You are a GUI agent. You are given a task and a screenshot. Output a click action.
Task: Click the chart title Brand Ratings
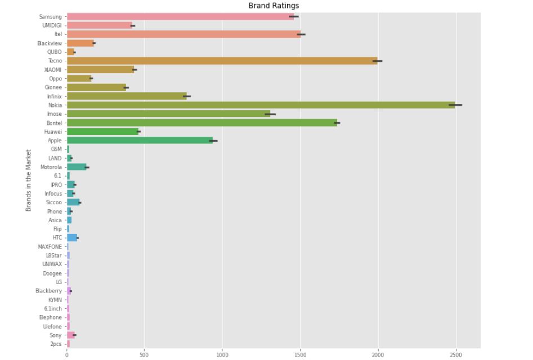click(x=274, y=6)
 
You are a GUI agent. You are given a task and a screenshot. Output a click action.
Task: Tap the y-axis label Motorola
click(x=51, y=167)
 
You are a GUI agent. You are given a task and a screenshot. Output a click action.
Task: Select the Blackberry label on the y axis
click(x=48, y=291)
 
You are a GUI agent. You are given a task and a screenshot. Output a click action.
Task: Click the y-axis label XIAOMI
click(x=53, y=70)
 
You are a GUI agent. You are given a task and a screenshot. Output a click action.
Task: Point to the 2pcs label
click(x=56, y=344)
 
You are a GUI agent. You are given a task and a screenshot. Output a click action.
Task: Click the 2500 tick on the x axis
click(x=456, y=355)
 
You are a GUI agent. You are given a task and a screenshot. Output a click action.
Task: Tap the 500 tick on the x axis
click(x=144, y=355)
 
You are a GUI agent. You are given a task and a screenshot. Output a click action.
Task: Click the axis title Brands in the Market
click(x=28, y=180)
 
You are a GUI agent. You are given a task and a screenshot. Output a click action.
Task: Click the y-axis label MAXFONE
click(x=50, y=246)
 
